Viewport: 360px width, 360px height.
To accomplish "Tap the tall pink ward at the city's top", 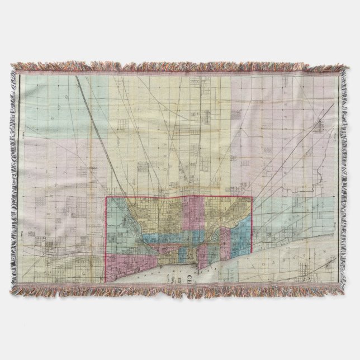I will tap(196, 215).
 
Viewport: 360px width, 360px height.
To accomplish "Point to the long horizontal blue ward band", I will tap(162, 239).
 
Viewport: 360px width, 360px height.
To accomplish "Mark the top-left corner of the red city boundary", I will tap(107, 197).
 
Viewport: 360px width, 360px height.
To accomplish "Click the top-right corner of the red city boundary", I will tap(253, 196).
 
